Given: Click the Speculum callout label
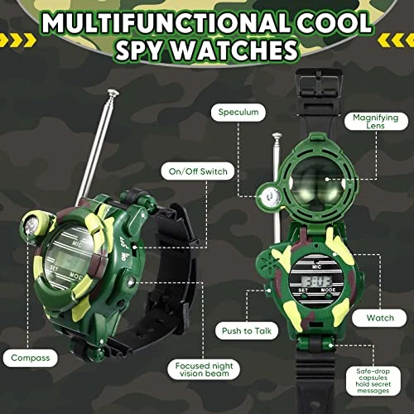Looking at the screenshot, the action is pyautogui.click(x=238, y=113).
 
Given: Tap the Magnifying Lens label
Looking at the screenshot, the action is pyautogui.click(x=376, y=122).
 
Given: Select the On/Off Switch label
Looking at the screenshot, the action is pyautogui.click(x=198, y=171).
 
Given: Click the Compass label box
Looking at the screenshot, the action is pyautogui.click(x=31, y=358).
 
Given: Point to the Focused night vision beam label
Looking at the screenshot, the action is pyautogui.click(x=204, y=369).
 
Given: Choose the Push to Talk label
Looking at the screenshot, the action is pyautogui.click(x=247, y=330).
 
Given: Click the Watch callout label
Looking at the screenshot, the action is pyautogui.click(x=380, y=318).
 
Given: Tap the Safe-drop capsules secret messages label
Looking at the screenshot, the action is pyautogui.click(x=373, y=381).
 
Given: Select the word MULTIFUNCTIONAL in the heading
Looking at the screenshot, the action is pyautogui.click(x=166, y=23).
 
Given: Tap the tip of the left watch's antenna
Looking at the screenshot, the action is pyautogui.click(x=113, y=92).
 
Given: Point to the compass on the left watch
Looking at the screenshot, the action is pyautogui.click(x=32, y=225).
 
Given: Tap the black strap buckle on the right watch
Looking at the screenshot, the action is pyautogui.click(x=318, y=86).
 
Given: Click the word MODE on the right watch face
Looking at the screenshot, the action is pyautogui.click(x=328, y=290).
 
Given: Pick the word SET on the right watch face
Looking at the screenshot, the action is pyautogui.click(x=303, y=291).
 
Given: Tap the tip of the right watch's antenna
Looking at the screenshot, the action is pyautogui.click(x=277, y=136).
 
